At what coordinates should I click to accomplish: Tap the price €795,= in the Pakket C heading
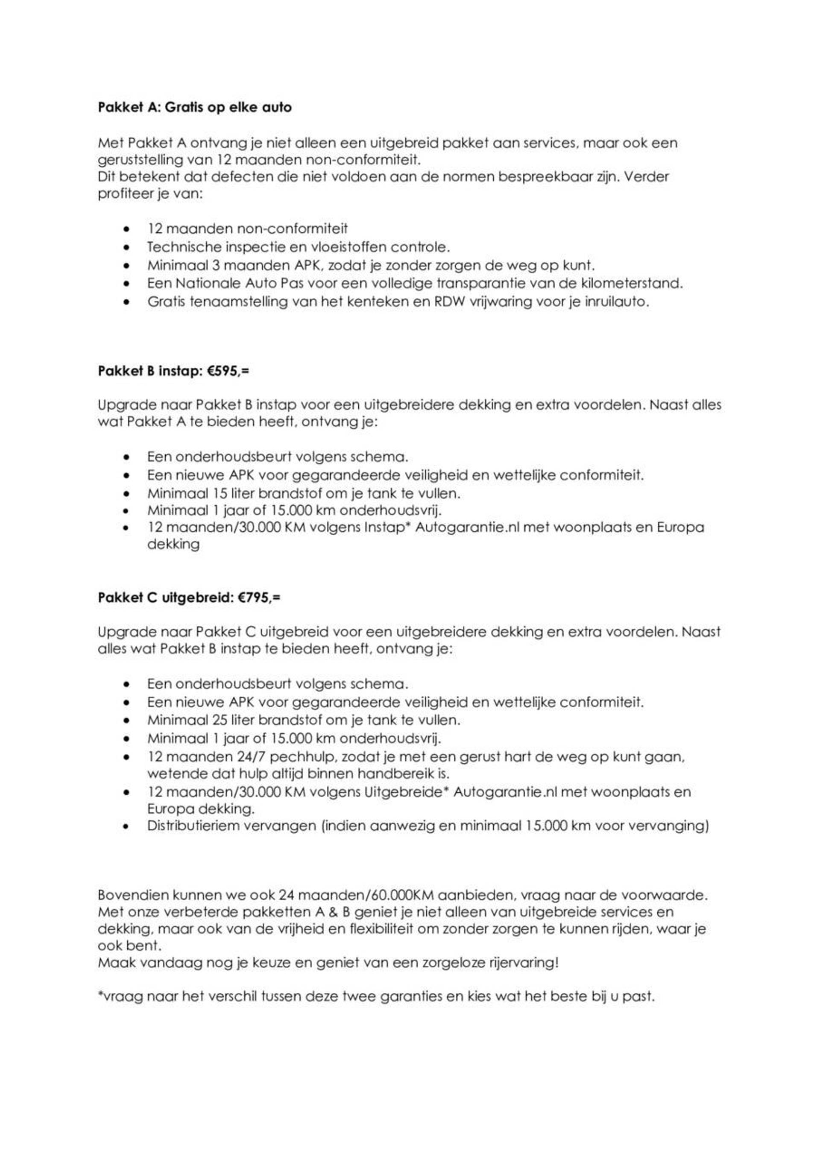259,598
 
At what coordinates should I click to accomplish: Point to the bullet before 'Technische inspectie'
127,248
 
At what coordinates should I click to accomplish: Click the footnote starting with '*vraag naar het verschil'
376,997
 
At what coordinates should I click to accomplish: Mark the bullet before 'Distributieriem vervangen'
127,826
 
